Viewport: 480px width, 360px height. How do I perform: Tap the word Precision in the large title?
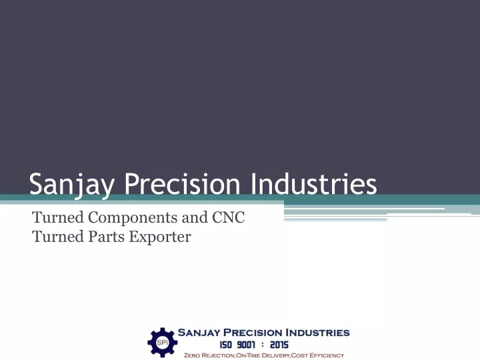pos(182,184)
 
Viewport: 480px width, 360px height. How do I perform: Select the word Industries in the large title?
pos(314,184)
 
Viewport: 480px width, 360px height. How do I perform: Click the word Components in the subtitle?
pos(133,218)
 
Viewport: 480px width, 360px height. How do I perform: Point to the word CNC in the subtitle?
pos(229,217)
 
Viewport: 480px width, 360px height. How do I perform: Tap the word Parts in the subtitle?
pos(107,237)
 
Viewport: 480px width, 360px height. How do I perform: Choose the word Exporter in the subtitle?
pos(160,237)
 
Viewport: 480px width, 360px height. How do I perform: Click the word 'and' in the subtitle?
pos(195,217)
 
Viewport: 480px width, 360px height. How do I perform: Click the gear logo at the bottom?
pos(162,343)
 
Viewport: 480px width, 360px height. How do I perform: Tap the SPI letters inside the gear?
pos(162,343)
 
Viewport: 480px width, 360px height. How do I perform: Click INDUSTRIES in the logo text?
pos(317,333)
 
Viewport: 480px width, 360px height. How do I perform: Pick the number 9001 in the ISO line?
pos(246,345)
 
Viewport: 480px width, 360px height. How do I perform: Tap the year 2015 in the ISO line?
pos(279,345)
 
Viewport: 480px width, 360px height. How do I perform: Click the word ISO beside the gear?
pos(225,345)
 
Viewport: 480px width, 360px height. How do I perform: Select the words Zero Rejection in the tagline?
pos(209,355)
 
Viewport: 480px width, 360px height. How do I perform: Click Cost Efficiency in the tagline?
pos(317,355)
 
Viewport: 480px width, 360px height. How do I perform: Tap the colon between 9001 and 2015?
pos(263,345)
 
